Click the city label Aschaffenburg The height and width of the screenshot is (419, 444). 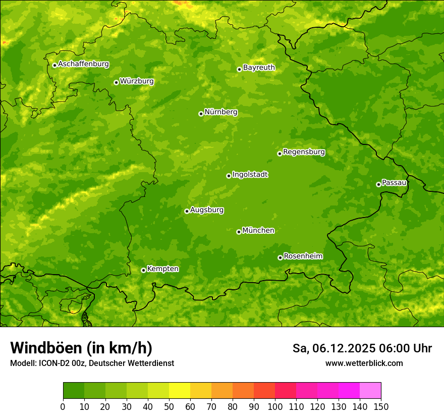[x=83, y=64]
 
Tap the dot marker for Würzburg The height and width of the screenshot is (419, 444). [x=116, y=82]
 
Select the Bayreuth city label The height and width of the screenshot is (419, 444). [x=259, y=67]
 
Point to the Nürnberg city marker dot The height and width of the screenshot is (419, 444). [x=201, y=114]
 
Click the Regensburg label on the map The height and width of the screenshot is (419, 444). [x=304, y=151]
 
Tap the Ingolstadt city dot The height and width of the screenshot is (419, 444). [x=229, y=176]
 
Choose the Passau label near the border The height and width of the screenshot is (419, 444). [x=394, y=182]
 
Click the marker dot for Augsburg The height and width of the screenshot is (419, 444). [x=187, y=211]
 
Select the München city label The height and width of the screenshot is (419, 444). [x=258, y=230]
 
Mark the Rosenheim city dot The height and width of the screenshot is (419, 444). [x=280, y=257]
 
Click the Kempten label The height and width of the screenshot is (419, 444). [x=162, y=269]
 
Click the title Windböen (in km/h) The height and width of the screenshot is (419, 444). [x=81, y=348]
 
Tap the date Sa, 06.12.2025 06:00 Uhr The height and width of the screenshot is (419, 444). [x=362, y=348]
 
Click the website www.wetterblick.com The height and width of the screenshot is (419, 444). [x=364, y=363]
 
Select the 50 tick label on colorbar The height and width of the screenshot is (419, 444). [x=169, y=406]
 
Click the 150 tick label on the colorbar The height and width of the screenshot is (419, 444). [x=381, y=406]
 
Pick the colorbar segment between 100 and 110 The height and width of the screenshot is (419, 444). [x=286, y=390]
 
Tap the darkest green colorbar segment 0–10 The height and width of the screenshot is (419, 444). [x=74, y=390]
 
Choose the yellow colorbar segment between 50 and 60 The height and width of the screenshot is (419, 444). [x=180, y=390]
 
